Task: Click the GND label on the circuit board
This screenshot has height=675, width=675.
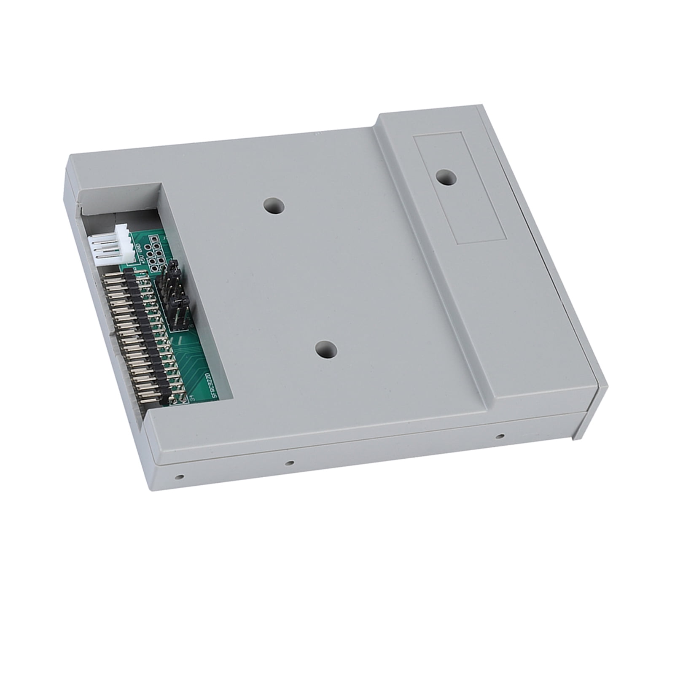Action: coord(139,247)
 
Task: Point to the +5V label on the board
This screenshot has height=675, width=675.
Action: coord(141,259)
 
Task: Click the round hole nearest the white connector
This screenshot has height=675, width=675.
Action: coord(273,206)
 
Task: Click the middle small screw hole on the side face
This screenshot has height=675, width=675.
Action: coord(289,464)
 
